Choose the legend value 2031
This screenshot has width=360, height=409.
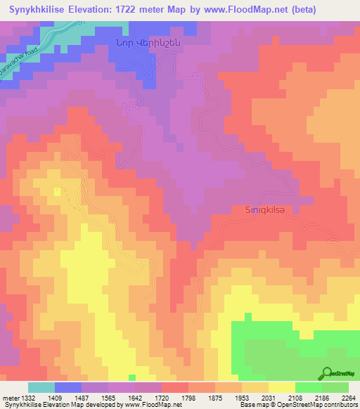point(268,397)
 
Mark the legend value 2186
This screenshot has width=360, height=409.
point(321,397)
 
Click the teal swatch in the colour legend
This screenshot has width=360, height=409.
point(41,387)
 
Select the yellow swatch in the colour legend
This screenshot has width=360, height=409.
point(281,387)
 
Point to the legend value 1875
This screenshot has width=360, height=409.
point(214,397)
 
